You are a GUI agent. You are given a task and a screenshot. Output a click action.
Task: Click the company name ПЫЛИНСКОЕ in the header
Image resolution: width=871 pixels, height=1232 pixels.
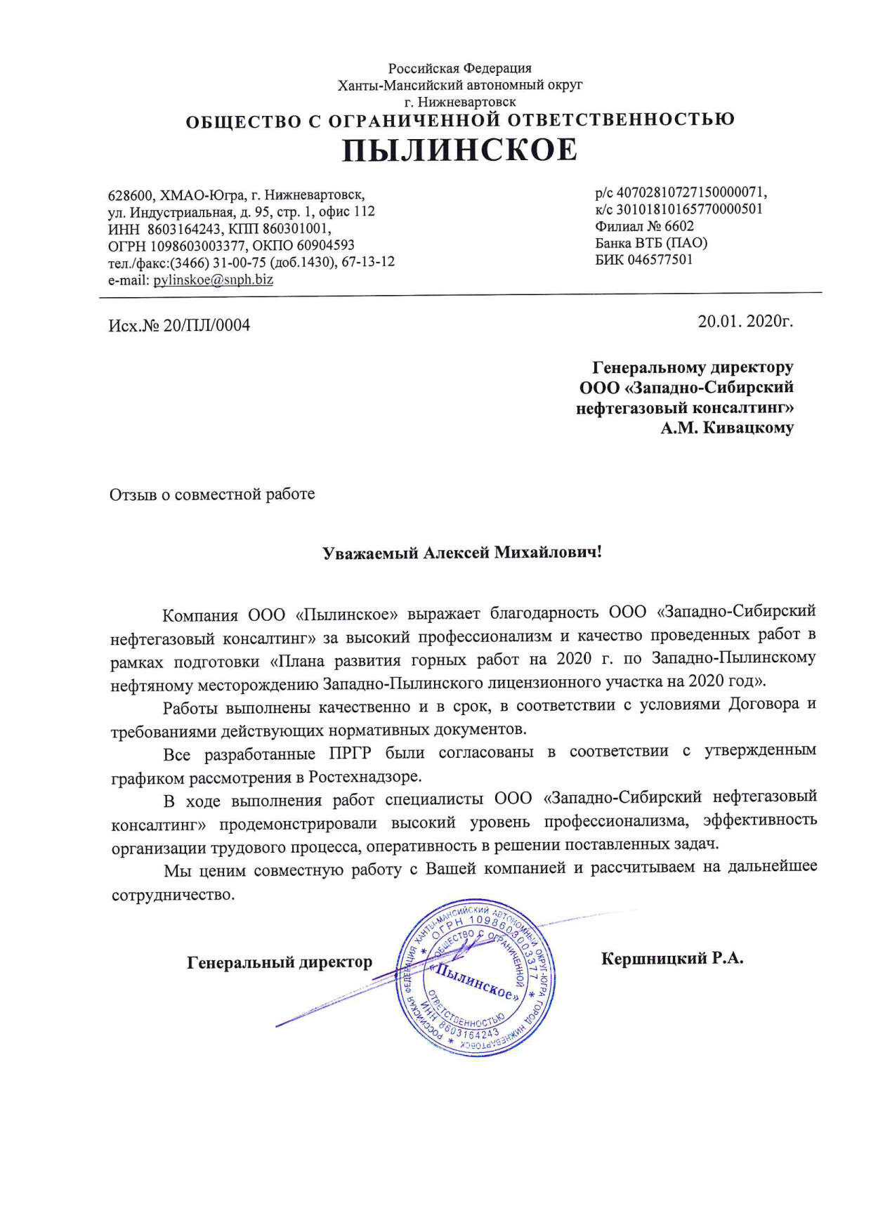[459, 150]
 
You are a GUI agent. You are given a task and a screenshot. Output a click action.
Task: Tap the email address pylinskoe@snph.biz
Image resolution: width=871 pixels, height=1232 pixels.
[214, 280]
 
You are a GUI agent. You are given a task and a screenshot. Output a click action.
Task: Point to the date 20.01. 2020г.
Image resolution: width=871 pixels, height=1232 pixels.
[745, 322]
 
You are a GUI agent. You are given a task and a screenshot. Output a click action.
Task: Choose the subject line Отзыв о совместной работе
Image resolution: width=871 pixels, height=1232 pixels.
[212, 494]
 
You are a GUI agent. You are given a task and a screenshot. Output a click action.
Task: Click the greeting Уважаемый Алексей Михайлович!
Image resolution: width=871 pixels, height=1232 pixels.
[461, 553]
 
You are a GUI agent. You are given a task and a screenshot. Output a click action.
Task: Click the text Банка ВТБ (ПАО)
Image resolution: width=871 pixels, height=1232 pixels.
[651, 243]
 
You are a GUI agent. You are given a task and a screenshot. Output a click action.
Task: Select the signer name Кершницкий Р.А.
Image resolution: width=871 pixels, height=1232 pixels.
[672, 959]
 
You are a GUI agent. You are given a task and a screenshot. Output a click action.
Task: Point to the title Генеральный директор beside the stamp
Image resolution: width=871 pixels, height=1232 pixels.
[280, 962]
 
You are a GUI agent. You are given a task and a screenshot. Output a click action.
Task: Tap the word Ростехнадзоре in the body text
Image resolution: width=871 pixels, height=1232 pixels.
[365, 778]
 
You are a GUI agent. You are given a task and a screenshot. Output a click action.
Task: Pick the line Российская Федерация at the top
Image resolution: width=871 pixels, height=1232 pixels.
[460, 68]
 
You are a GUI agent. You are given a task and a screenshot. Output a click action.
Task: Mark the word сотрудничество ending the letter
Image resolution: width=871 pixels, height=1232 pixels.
[171, 896]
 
